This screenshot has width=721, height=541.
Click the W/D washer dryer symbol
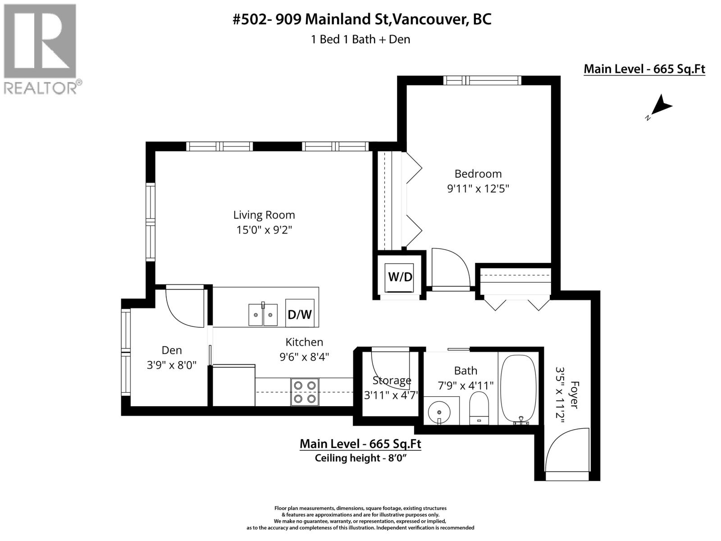(x=400, y=276)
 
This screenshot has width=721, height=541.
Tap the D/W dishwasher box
(x=300, y=313)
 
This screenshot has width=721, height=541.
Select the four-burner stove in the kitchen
(x=305, y=392)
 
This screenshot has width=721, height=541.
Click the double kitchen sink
(x=263, y=314)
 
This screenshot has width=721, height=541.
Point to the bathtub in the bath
(x=519, y=388)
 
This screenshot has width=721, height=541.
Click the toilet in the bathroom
(x=479, y=407)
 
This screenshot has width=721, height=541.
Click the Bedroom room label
(x=478, y=174)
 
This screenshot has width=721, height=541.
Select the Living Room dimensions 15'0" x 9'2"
(x=264, y=230)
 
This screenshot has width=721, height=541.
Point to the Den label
(x=172, y=350)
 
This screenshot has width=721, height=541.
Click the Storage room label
(x=392, y=380)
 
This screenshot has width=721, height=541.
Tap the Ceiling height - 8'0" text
(x=360, y=458)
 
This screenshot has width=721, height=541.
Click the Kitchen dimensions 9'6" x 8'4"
(x=304, y=357)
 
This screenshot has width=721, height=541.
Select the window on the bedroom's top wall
(x=482, y=80)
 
